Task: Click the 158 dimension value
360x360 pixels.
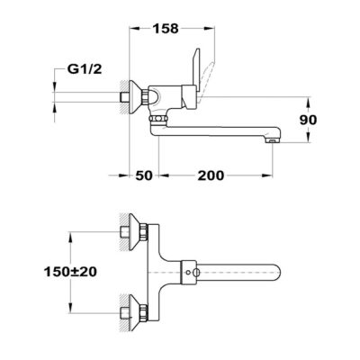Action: point(166,29)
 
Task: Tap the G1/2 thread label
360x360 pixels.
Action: point(85,69)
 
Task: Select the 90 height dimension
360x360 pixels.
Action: point(308,120)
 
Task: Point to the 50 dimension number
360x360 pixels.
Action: point(144,175)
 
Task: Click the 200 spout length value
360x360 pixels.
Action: point(211,175)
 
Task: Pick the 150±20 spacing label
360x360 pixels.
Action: point(70,272)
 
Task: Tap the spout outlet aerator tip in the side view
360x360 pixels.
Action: point(273,140)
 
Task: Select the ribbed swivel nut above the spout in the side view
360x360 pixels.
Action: point(158,120)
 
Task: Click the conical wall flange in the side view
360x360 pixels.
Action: point(135,97)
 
